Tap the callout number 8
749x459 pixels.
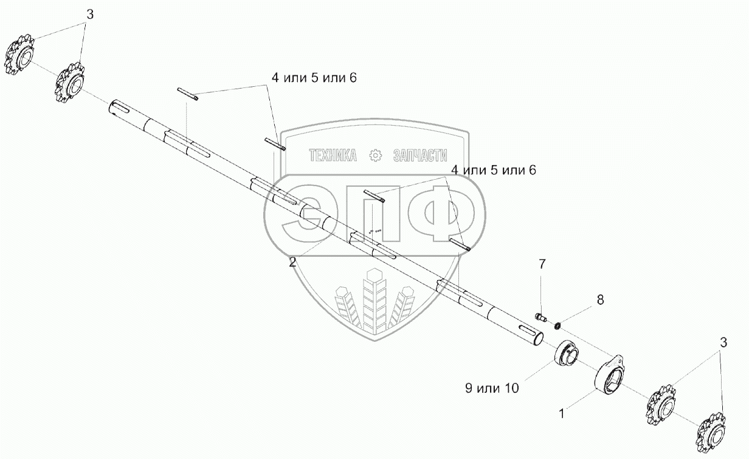[x=600, y=299]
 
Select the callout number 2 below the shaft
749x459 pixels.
[x=292, y=262]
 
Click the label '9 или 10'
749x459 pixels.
[x=492, y=388]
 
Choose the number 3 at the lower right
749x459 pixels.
[x=723, y=342]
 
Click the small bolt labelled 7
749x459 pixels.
[x=540, y=316]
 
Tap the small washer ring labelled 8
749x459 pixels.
[x=557, y=325]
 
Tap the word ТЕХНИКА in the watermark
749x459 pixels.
[x=333, y=156]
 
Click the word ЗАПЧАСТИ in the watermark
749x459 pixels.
[x=420, y=156]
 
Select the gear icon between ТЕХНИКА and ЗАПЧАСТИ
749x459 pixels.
[x=375, y=156]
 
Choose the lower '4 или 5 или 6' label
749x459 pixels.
[x=492, y=170]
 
